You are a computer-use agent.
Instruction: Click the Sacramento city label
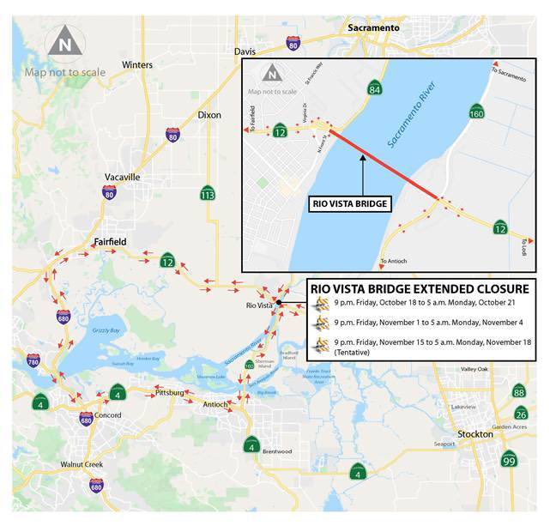click(x=373, y=27)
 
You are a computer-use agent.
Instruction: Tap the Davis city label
click(x=245, y=51)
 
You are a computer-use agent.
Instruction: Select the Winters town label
click(x=137, y=65)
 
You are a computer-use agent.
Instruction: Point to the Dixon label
click(x=209, y=114)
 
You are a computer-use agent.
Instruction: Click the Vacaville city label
click(x=122, y=177)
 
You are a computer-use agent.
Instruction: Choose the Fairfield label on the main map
click(x=109, y=242)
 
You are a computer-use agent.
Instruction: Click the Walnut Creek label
click(x=82, y=464)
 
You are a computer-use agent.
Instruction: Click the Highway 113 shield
click(x=207, y=194)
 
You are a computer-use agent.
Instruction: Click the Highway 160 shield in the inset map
click(x=478, y=112)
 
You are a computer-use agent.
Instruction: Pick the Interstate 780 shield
click(x=33, y=361)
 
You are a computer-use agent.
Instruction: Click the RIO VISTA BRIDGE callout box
click(x=349, y=204)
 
